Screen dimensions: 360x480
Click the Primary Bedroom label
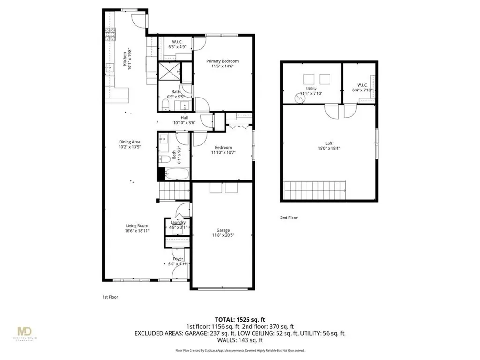coord(223,61)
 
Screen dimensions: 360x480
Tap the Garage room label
coord(223,230)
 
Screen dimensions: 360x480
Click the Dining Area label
coord(130,142)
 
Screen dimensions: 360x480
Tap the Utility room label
coord(311,88)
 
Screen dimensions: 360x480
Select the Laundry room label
coord(178,222)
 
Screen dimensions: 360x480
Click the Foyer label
coord(178,259)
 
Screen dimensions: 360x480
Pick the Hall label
coord(185,118)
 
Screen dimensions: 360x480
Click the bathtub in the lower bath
coord(174,174)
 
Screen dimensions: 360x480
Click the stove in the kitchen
coord(111,35)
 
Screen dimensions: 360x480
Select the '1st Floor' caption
coord(109,297)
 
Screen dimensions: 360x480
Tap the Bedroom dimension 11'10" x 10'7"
coord(223,151)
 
